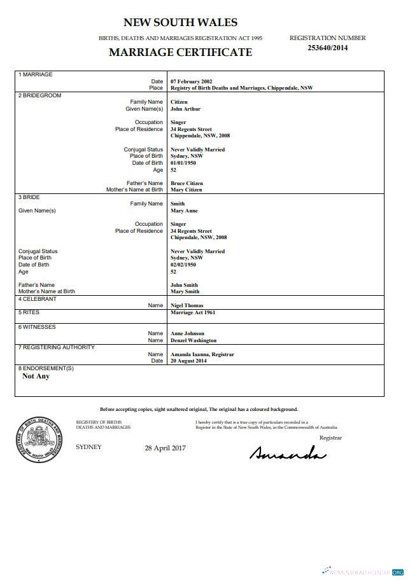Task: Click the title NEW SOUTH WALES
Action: coord(180,23)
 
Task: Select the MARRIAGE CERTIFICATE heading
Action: coord(180,52)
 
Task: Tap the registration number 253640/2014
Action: coord(328,48)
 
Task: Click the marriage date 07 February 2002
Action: coord(191,81)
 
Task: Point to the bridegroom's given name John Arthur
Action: coord(185,109)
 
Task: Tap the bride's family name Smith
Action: coord(178,204)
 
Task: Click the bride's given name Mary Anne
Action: coord(184,211)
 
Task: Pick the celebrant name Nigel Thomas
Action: coord(188,305)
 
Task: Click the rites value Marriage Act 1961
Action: coord(192,313)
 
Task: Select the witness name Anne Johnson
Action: coord(187,333)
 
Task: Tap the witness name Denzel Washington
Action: coord(194,340)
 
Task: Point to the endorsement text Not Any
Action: coord(36,376)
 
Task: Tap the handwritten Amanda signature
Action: coord(288,453)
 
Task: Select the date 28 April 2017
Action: coord(165,448)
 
